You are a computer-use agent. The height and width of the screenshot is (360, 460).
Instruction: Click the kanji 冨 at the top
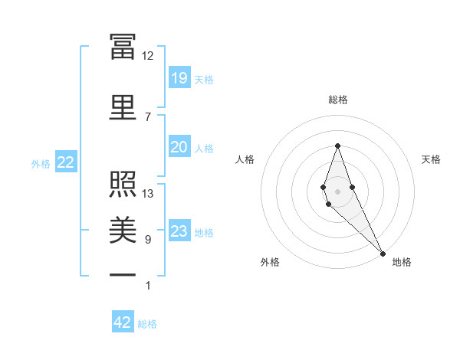pyautogui.click(x=123, y=46)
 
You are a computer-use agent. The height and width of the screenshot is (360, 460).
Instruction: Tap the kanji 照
pyautogui.click(x=123, y=183)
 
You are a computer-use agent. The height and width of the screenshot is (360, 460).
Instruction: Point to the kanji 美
pyautogui.click(x=123, y=229)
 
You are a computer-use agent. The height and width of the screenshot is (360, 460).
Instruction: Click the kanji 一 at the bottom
pyautogui.click(x=123, y=274)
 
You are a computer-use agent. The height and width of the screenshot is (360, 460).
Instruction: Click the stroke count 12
pyautogui.click(x=147, y=56)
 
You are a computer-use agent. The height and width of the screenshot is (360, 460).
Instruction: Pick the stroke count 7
pyautogui.click(x=147, y=116)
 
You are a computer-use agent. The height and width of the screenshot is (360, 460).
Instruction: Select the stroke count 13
pyautogui.click(x=148, y=194)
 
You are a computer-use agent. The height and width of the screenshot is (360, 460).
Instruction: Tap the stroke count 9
pyautogui.click(x=147, y=240)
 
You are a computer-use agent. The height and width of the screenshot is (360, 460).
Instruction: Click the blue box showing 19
pyautogui.click(x=179, y=78)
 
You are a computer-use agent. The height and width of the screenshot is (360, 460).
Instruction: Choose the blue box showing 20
pyautogui.click(x=179, y=147)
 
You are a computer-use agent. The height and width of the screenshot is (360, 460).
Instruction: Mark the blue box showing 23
pyautogui.click(x=179, y=232)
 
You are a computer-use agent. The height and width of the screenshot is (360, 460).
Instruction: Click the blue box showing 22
pyautogui.click(x=65, y=162)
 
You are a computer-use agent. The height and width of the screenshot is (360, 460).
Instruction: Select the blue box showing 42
pyautogui.click(x=123, y=322)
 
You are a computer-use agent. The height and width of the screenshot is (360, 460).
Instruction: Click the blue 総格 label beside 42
pyautogui.click(x=147, y=324)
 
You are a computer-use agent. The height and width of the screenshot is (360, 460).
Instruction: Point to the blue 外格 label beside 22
pyautogui.click(x=41, y=163)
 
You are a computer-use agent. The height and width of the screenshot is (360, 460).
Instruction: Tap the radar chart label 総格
pyautogui.click(x=337, y=100)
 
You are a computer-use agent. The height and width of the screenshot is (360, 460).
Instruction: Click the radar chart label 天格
pyautogui.click(x=431, y=159)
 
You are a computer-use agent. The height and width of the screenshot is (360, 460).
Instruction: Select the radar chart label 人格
pyautogui.click(x=245, y=159)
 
